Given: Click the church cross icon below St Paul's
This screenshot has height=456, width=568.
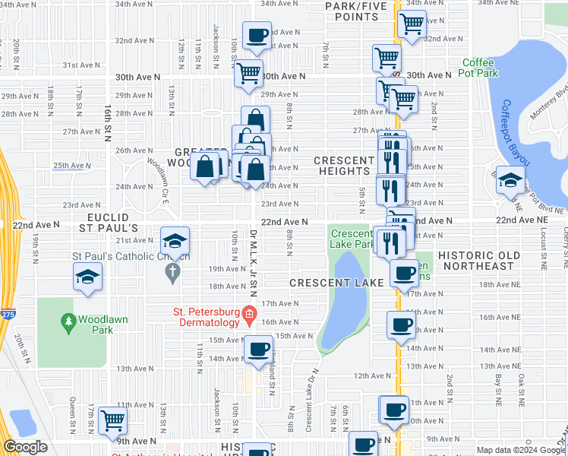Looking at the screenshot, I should [x=172, y=271].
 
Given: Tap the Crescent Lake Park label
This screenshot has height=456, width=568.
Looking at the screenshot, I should [x=350, y=239].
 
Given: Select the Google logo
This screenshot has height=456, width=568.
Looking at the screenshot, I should [x=25, y=447].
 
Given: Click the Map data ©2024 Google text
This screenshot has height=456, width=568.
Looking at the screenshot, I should [x=520, y=450].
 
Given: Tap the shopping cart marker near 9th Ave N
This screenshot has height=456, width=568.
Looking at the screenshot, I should [x=112, y=420].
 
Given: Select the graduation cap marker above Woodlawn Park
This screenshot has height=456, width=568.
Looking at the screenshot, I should [x=88, y=277].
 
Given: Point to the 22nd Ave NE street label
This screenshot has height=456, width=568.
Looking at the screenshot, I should [x=521, y=220].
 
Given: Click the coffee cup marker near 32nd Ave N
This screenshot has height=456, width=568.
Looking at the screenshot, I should [x=258, y=35].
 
